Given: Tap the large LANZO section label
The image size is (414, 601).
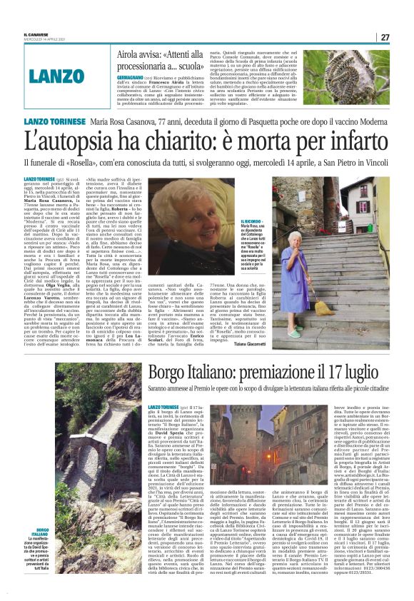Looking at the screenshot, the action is [56, 74].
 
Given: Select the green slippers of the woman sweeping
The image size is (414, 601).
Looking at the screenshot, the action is [295, 333].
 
